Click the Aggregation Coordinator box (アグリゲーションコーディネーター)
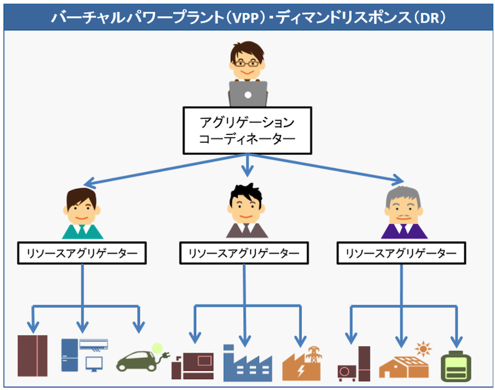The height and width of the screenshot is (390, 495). click(x=248, y=131)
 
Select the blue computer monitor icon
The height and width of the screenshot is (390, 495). click(x=94, y=364)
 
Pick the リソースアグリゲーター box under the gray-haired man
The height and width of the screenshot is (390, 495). click(x=401, y=253)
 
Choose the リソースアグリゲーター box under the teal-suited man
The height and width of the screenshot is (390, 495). click(x=82, y=253)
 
